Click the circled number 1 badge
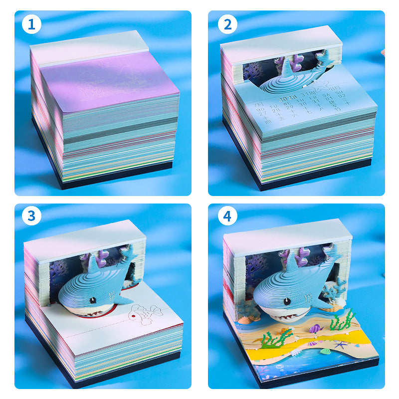point(31,24)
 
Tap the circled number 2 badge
point(227,24)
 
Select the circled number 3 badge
point(31,216)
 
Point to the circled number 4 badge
point(227,216)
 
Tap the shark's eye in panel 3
point(92,300)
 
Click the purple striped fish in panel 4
point(315,329)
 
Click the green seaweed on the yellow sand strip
point(273,340)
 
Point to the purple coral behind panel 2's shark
point(252,72)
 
